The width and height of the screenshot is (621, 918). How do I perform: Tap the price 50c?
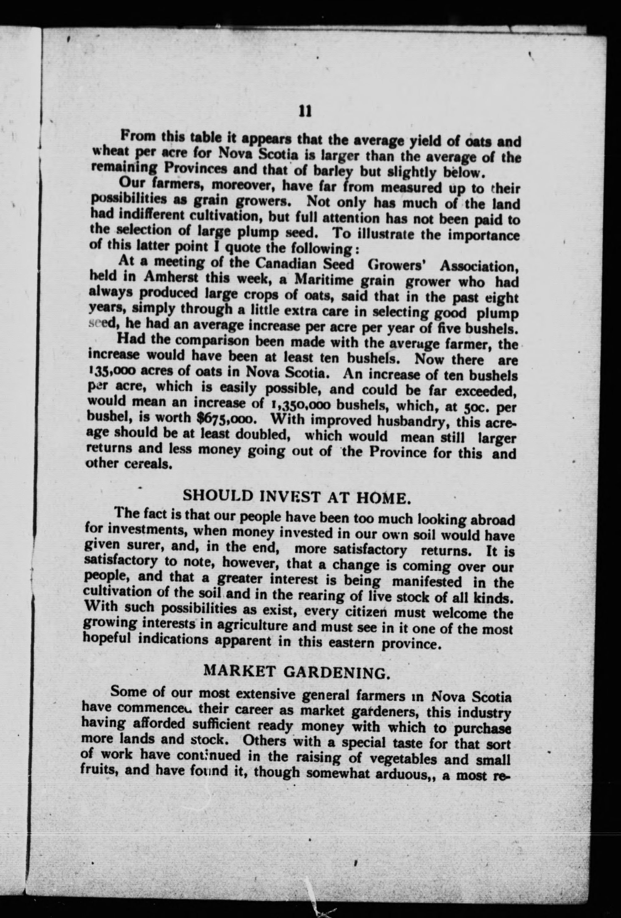(x=480, y=406)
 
